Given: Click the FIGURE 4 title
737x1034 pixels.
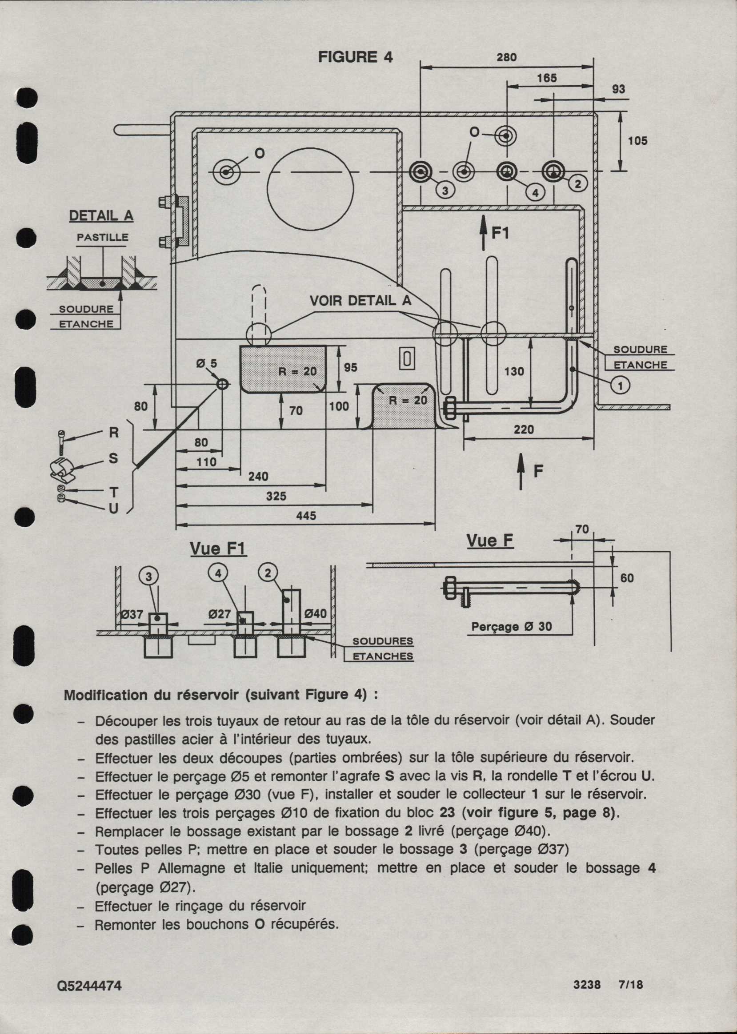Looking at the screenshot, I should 355,57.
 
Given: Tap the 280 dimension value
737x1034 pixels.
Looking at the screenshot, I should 506,57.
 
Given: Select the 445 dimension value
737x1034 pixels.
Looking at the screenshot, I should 306,516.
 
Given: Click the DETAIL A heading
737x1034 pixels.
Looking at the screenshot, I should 101,215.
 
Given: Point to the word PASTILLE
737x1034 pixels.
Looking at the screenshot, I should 102,237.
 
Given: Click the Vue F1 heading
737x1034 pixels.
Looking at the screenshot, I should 218,549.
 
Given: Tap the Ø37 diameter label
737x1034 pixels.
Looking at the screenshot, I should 132,615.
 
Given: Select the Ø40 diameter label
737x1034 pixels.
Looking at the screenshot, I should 316,613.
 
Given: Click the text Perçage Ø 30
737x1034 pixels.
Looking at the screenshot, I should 512,627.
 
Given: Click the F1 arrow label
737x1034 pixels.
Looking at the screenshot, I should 501,234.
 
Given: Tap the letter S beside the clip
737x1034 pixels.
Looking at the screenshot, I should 113,459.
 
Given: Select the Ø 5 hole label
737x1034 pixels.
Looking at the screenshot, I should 207,363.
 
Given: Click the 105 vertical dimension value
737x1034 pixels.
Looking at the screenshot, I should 637,141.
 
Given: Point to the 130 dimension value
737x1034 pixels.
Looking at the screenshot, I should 514,372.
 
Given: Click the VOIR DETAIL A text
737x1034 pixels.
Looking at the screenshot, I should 360,300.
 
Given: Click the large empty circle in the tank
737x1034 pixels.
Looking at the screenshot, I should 310,188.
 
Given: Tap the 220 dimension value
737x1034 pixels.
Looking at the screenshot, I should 523,429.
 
